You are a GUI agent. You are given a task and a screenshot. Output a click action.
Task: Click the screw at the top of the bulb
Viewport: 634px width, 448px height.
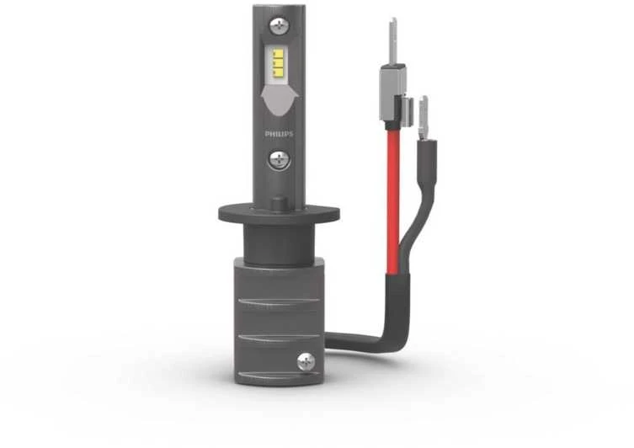(279, 26)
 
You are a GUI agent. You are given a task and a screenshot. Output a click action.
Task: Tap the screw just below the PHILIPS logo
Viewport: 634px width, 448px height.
(279, 160)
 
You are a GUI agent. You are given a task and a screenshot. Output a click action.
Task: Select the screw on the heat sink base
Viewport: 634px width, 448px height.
(306, 361)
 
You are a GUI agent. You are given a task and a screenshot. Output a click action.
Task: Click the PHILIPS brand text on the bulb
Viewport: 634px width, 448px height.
(279, 134)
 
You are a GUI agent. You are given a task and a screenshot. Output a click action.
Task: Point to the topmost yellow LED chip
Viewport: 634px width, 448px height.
(277, 54)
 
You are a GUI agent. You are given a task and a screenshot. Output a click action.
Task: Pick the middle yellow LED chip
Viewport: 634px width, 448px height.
(277, 63)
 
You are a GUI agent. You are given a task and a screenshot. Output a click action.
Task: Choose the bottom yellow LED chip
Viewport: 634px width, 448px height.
(277, 72)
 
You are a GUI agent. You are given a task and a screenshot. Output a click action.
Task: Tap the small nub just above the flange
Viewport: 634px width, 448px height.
(279, 204)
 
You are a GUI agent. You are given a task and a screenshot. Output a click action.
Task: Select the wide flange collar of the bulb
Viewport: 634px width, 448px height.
(279, 214)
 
